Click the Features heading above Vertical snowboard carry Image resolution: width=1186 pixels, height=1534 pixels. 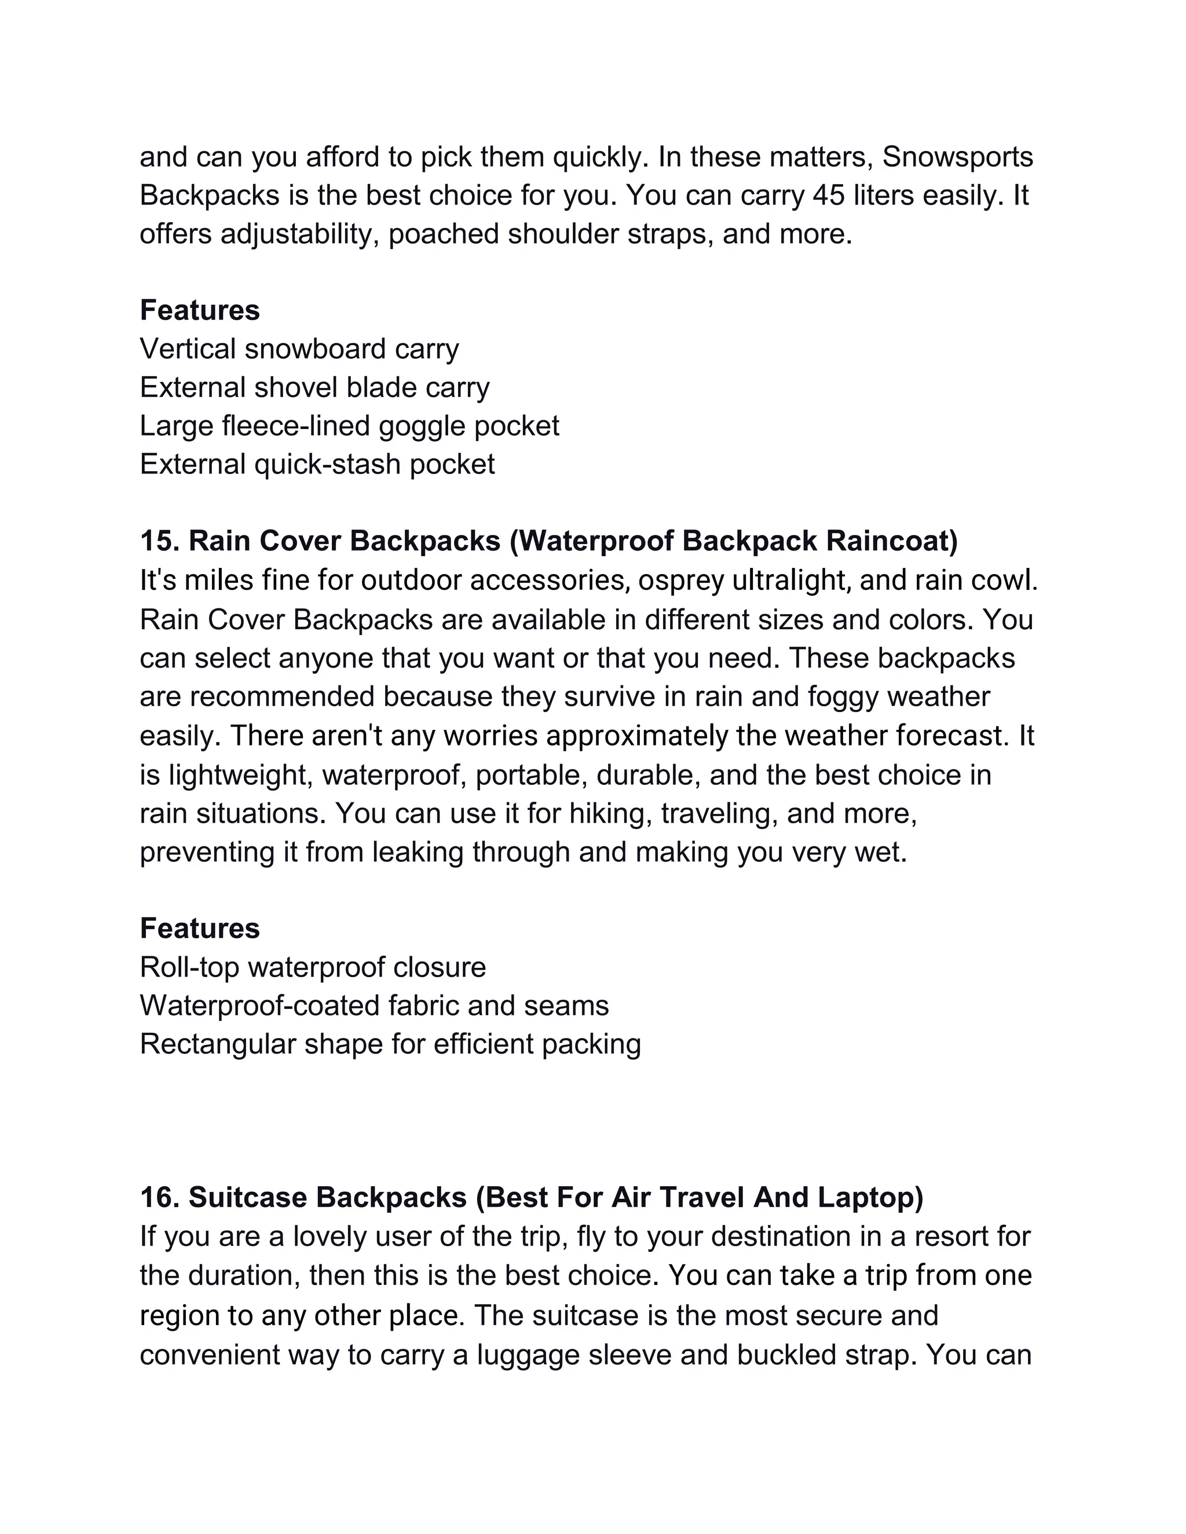[x=200, y=310]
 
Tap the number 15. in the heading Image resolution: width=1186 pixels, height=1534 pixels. [x=160, y=541]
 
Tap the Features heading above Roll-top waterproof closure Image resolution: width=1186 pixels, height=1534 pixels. [x=200, y=929]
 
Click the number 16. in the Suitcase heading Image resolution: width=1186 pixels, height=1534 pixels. [x=160, y=1198]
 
